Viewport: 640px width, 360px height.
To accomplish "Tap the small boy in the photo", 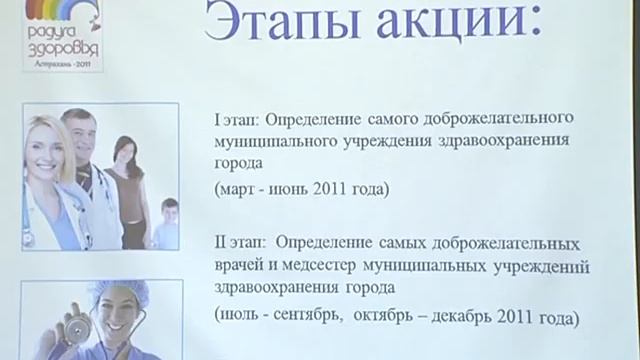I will [166, 225].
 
